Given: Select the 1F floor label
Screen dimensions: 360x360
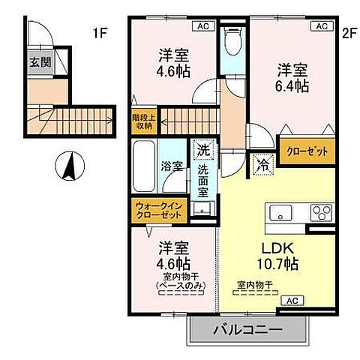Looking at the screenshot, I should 101,33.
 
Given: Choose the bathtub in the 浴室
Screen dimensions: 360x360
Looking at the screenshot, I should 143,165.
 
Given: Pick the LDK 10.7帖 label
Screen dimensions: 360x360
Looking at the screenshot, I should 280,256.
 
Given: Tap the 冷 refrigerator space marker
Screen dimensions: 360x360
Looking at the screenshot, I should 263,162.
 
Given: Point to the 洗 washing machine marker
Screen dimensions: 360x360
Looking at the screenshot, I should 202,150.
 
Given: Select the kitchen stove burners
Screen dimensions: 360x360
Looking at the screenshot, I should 322,211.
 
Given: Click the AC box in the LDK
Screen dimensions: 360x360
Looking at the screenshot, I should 291,300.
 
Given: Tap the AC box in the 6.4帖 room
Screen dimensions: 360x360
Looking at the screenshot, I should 321,26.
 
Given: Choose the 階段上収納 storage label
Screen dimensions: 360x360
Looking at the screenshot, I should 142,121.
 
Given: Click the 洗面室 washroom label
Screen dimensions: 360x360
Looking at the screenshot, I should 202,179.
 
